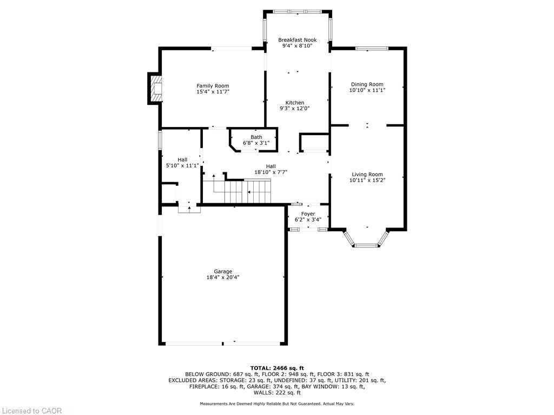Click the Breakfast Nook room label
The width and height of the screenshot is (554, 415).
(x=297, y=40)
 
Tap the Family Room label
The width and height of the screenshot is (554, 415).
(x=213, y=86)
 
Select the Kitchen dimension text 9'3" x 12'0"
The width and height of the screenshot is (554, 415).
(x=295, y=109)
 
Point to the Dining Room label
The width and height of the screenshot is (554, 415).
(x=367, y=84)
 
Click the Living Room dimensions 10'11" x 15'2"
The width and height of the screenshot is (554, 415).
(x=367, y=180)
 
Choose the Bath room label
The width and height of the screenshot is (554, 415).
(x=256, y=137)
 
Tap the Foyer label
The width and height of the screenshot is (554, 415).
(x=308, y=214)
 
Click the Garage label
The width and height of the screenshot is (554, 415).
(x=223, y=271)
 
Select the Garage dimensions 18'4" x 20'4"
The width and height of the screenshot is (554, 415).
(x=223, y=277)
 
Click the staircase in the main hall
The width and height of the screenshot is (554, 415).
(x=242, y=191)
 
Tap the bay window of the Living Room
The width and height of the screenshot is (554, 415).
(x=367, y=242)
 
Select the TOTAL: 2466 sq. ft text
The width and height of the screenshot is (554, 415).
(x=277, y=368)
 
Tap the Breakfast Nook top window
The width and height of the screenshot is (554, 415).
(x=297, y=12)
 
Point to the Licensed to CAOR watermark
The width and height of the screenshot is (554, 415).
(x=31, y=411)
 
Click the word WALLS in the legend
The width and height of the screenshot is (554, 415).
(x=263, y=393)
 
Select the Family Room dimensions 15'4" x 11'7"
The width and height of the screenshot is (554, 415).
(x=213, y=92)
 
